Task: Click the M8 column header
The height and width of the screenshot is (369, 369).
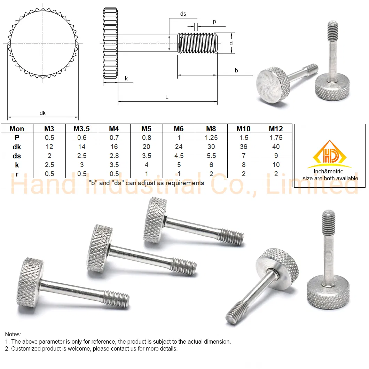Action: click(211, 129)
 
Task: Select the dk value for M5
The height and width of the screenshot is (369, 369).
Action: click(146, 147)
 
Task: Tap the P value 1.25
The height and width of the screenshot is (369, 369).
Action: click(211, 138)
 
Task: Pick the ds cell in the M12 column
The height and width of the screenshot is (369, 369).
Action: click(276, 156)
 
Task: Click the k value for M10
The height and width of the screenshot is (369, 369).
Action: click(244, 165)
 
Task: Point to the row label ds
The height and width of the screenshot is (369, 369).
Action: click(17, 156)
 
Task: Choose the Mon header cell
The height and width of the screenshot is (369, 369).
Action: click(17, 129)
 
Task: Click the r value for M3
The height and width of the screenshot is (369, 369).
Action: click(49, 174)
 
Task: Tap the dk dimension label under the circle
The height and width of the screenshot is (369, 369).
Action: click(42, 113)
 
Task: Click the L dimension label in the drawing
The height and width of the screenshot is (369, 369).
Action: click(167, 97)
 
